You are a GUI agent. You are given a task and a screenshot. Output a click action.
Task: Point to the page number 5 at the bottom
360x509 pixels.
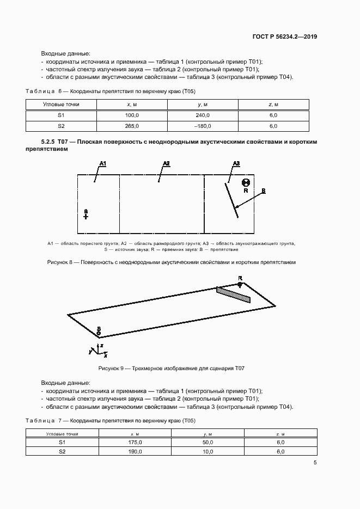pos(315,463)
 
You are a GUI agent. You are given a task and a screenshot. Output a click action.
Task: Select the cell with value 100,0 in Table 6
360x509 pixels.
pos(132,115)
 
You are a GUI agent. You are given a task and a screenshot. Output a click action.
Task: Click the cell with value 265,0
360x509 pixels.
pos(132,126)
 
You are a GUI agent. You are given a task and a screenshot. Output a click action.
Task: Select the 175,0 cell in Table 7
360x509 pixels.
pos(135,443)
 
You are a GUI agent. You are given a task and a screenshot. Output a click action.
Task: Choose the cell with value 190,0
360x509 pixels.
pos(135,452)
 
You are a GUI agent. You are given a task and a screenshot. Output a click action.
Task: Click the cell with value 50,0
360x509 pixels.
pos(208,443)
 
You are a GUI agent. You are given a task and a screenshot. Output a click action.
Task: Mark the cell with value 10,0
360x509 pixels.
pos(208,452)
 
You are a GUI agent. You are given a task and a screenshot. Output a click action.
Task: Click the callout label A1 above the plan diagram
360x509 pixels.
pos(102,163)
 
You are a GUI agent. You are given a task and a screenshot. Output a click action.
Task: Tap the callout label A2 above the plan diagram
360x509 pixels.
pos(167,163)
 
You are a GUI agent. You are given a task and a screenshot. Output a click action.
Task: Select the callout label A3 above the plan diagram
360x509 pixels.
pos(236,163)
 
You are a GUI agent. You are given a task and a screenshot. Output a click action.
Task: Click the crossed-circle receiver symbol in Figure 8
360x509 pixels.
pos(246,183)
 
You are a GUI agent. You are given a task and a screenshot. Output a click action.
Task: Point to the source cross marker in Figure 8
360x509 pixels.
pos(86,216)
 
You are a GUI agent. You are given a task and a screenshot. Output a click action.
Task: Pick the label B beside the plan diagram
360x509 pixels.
pos(263,191)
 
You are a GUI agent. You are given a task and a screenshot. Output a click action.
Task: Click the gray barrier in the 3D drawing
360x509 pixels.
pos(233,294)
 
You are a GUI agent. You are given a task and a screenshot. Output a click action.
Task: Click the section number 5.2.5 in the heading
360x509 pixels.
pos(50,142)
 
